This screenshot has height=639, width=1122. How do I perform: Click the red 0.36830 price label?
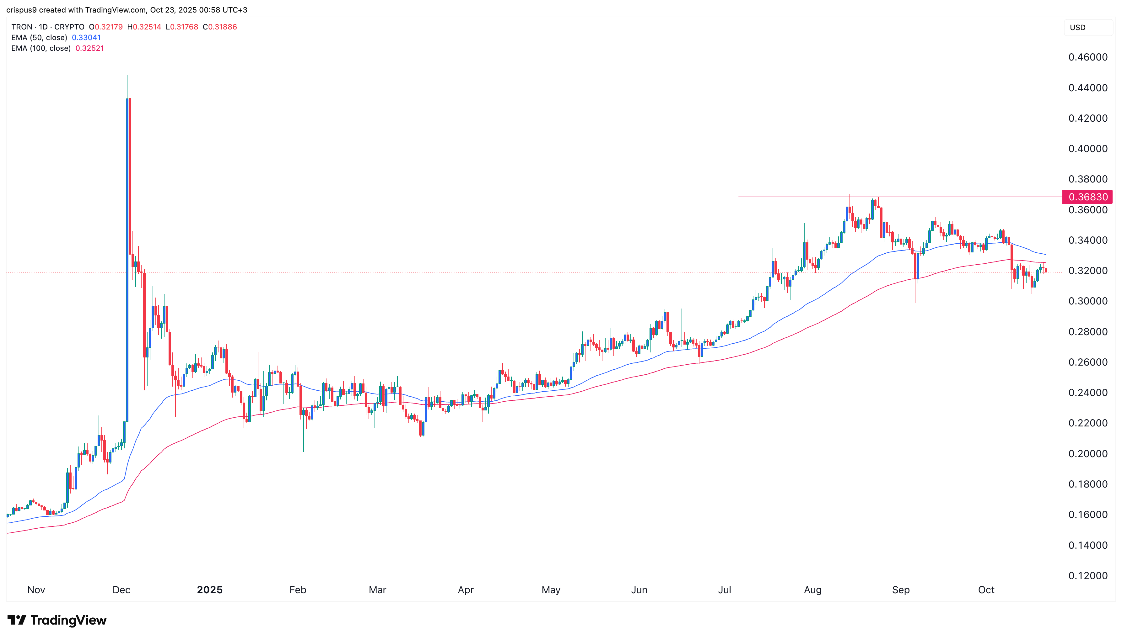[1087, 197]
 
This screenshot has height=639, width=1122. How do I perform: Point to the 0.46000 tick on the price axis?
[1088, 57]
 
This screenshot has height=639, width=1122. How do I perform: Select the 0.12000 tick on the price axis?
[1088, 575]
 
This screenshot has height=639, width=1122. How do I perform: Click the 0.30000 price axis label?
[1088, 301]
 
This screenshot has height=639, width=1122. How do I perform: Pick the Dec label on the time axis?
[121, 590]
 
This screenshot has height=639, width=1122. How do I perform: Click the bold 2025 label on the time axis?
[210, 590]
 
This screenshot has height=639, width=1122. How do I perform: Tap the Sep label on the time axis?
[901, 590]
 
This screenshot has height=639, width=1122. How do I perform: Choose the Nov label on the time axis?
[36, 590]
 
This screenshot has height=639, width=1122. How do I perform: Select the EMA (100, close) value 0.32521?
[89, 48]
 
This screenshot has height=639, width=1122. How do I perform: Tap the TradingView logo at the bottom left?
[57, 620]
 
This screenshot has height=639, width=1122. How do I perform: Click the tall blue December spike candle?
[127, 259]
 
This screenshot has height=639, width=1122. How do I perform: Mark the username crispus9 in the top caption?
[22, 10]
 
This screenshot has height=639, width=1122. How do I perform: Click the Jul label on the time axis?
[725, 590]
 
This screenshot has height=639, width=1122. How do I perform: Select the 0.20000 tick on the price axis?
[1088, 453]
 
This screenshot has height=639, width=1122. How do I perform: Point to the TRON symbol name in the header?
[22, 27]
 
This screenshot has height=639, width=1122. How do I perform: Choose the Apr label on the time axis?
[466, 590]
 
